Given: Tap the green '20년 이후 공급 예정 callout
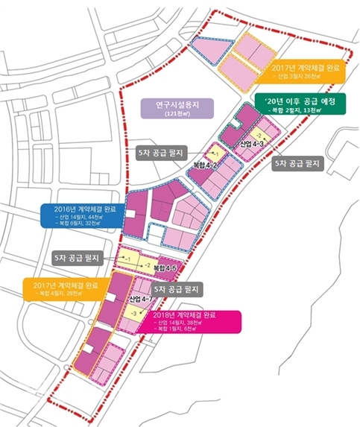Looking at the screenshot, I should [298, 104].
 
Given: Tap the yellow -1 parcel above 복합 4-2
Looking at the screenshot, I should [214, 151].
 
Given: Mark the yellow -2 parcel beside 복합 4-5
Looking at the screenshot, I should [145, 265].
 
